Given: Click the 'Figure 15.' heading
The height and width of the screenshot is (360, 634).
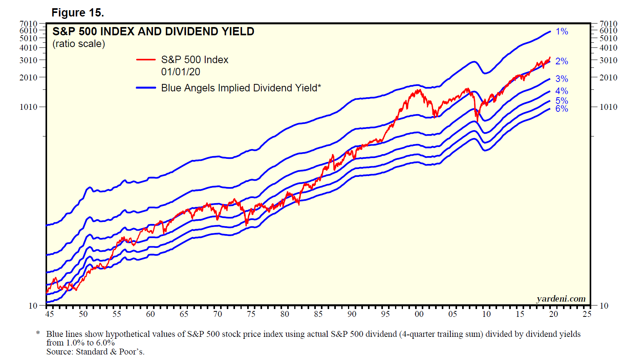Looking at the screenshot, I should coord(78,13).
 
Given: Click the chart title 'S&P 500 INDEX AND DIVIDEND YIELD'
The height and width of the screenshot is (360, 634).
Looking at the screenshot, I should coord(153,31).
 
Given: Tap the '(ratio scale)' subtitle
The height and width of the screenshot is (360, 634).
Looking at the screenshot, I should coord(79,44).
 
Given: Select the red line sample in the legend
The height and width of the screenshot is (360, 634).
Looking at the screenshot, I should coord(146,60).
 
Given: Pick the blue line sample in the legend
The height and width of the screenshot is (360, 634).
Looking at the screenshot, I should coord(146,88).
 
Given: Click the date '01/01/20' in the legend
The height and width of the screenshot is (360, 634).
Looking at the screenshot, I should coord(180,72).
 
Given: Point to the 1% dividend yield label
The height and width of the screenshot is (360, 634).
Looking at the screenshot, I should coord(562,31).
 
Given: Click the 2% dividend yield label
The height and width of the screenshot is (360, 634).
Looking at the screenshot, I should coord(562,61).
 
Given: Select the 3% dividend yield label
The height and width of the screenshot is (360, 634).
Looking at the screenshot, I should coord(562,79).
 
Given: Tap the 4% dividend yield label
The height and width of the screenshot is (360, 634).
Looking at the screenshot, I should coord(562,91).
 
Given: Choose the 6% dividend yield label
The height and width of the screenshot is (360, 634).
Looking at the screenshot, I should coord(562,109).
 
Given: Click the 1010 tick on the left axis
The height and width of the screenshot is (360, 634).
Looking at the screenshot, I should coord(28,107).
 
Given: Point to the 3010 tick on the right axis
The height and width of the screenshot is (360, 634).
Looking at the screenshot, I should coord(608,60).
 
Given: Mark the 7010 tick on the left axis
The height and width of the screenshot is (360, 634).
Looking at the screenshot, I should coord(28,24).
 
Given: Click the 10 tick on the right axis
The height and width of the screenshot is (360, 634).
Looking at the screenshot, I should coord(604,305).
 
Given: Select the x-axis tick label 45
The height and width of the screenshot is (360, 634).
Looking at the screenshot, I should coord(49,314).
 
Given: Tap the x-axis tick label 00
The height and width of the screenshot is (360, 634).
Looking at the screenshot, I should coord(419,314).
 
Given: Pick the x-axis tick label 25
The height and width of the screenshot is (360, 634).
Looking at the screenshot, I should coord(587,314).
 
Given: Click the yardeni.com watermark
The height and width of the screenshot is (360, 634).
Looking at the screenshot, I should coord(561,299).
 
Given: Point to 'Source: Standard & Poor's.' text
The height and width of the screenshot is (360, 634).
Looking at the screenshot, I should coord(95,351).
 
